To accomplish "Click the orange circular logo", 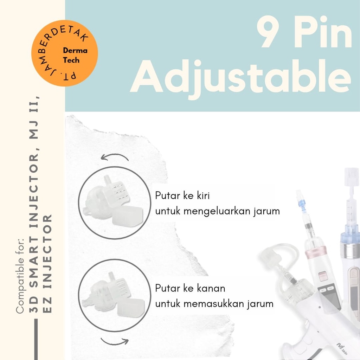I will pos(65,53).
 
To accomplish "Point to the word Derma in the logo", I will pos(75,51).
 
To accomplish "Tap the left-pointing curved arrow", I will pos(114,157).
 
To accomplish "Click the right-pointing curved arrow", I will pos(115,340).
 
